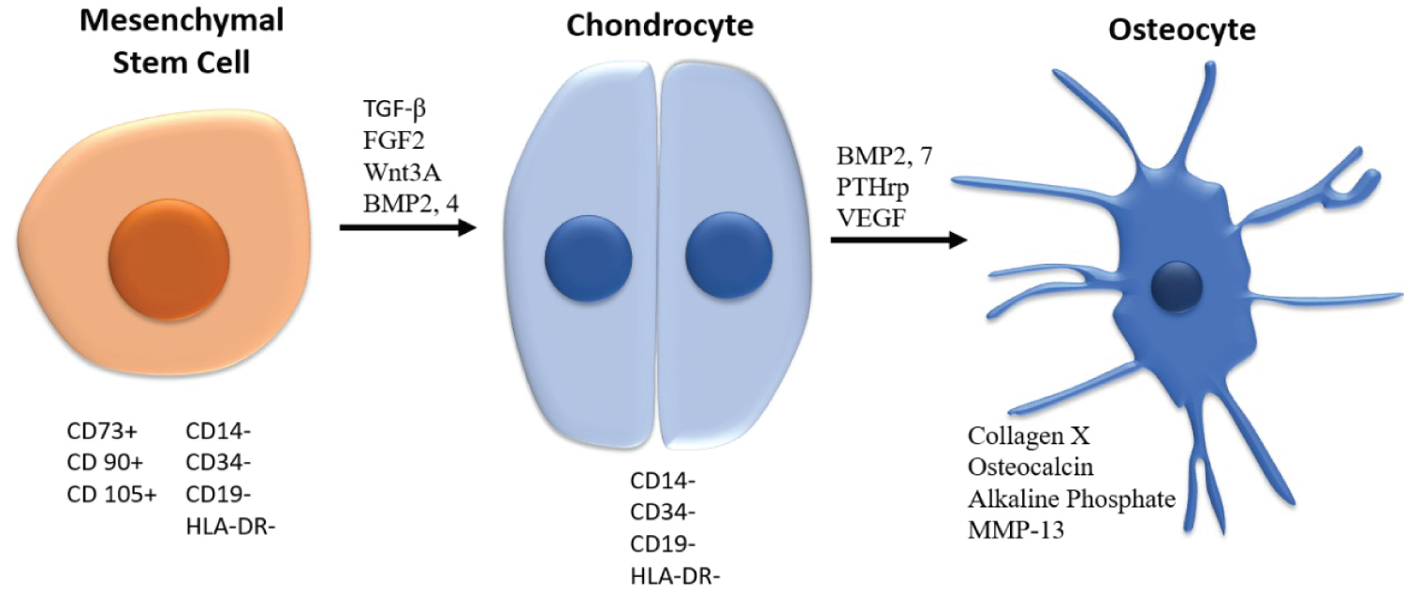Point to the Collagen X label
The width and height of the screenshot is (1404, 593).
pyautogui.click(x=1022, y=435)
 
